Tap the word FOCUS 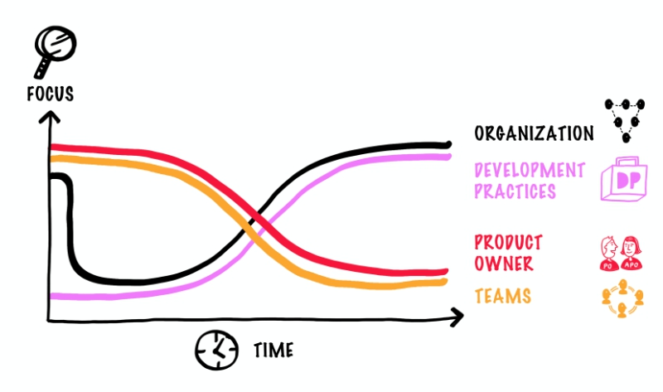[x=50, y=93]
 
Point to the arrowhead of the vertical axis [x=50, y=118]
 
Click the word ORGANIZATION [x=534, y=133]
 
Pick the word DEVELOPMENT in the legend [x=529, y=171]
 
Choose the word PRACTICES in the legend [x=514, y=191]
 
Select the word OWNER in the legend [x=503, y=264]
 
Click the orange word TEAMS [x=502, y=296]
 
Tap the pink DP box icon [x=622, y=179]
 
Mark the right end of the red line [x=445, y=271]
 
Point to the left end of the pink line [x=53, y=296]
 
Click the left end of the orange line [x=53, y=157]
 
